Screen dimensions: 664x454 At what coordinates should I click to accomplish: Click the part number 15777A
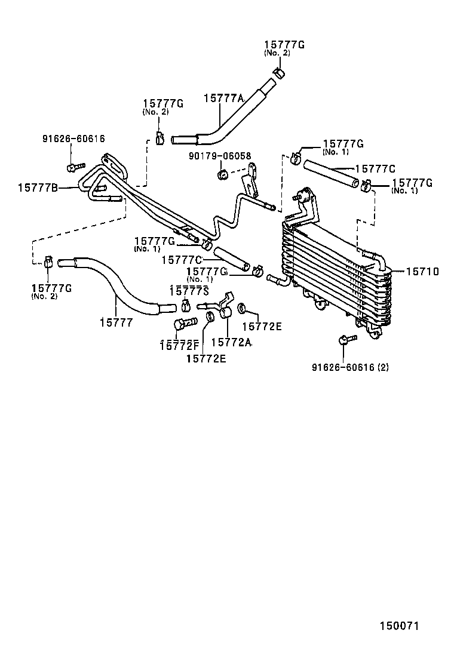(x=224, y=99)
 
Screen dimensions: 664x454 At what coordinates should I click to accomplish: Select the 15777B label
(x=38, y=187)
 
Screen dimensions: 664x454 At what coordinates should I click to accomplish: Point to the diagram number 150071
(x=400, y=626)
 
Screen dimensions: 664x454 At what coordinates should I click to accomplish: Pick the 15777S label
(x=189, y=291)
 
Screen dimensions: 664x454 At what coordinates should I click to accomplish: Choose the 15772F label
(x=179, y=345)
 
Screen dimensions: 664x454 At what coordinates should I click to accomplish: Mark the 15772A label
(x=231, y=342)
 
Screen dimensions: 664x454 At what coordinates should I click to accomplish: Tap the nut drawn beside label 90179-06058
(x=222, y=174)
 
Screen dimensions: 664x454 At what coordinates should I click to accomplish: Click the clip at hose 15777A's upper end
(x=278, y=73)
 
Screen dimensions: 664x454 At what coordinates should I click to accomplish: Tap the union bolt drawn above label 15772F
(x=184, y=324)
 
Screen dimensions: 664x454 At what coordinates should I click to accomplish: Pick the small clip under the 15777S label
(x=186, y=306)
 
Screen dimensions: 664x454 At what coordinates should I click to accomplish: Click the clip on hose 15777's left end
(x=48, y=262)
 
